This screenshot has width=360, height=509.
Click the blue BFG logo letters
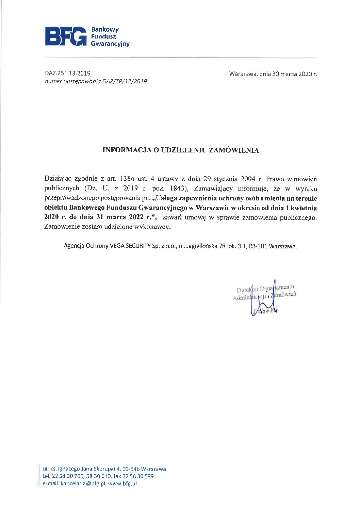66,36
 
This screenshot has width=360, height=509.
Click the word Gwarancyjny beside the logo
110,44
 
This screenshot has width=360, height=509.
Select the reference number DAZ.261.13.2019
68,73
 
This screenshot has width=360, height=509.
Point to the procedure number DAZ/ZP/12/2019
125,81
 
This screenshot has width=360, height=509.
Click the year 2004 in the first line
248,179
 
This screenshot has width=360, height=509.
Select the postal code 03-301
258,246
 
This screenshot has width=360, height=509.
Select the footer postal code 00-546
130,469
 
